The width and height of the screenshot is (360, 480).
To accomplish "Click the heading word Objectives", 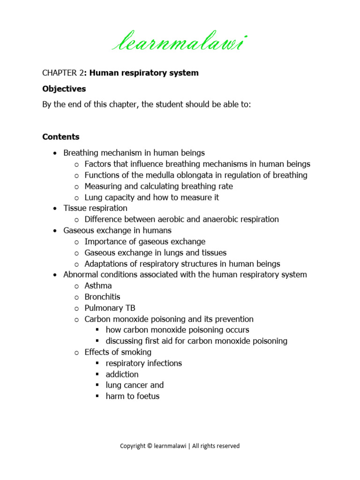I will [x=64, y=89].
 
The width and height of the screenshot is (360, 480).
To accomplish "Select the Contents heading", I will [x=61, y=137].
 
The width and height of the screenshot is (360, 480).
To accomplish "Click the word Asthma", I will [x=98, y=285].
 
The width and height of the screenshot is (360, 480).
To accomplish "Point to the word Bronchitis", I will [x=102, y=297].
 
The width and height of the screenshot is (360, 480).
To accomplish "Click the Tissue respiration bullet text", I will [x=95, y=208].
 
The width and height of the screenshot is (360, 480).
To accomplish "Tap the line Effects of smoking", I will [x=118, y=352].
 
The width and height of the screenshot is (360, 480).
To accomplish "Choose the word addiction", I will [x=122, y=374].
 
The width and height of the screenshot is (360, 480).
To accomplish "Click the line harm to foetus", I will [x=133, y=396].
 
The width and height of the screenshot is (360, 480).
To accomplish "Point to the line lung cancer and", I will [x=135, y=385].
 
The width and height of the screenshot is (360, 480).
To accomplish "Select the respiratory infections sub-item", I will [x=143, y=363].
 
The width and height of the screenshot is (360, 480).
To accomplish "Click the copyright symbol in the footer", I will [x=149, y=446].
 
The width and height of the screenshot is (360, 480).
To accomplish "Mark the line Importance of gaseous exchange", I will [x=145, y=241].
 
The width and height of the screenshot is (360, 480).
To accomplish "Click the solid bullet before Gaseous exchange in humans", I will [x=56, y=231].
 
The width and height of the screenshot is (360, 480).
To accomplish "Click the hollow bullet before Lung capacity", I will [x=77, y=198].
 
